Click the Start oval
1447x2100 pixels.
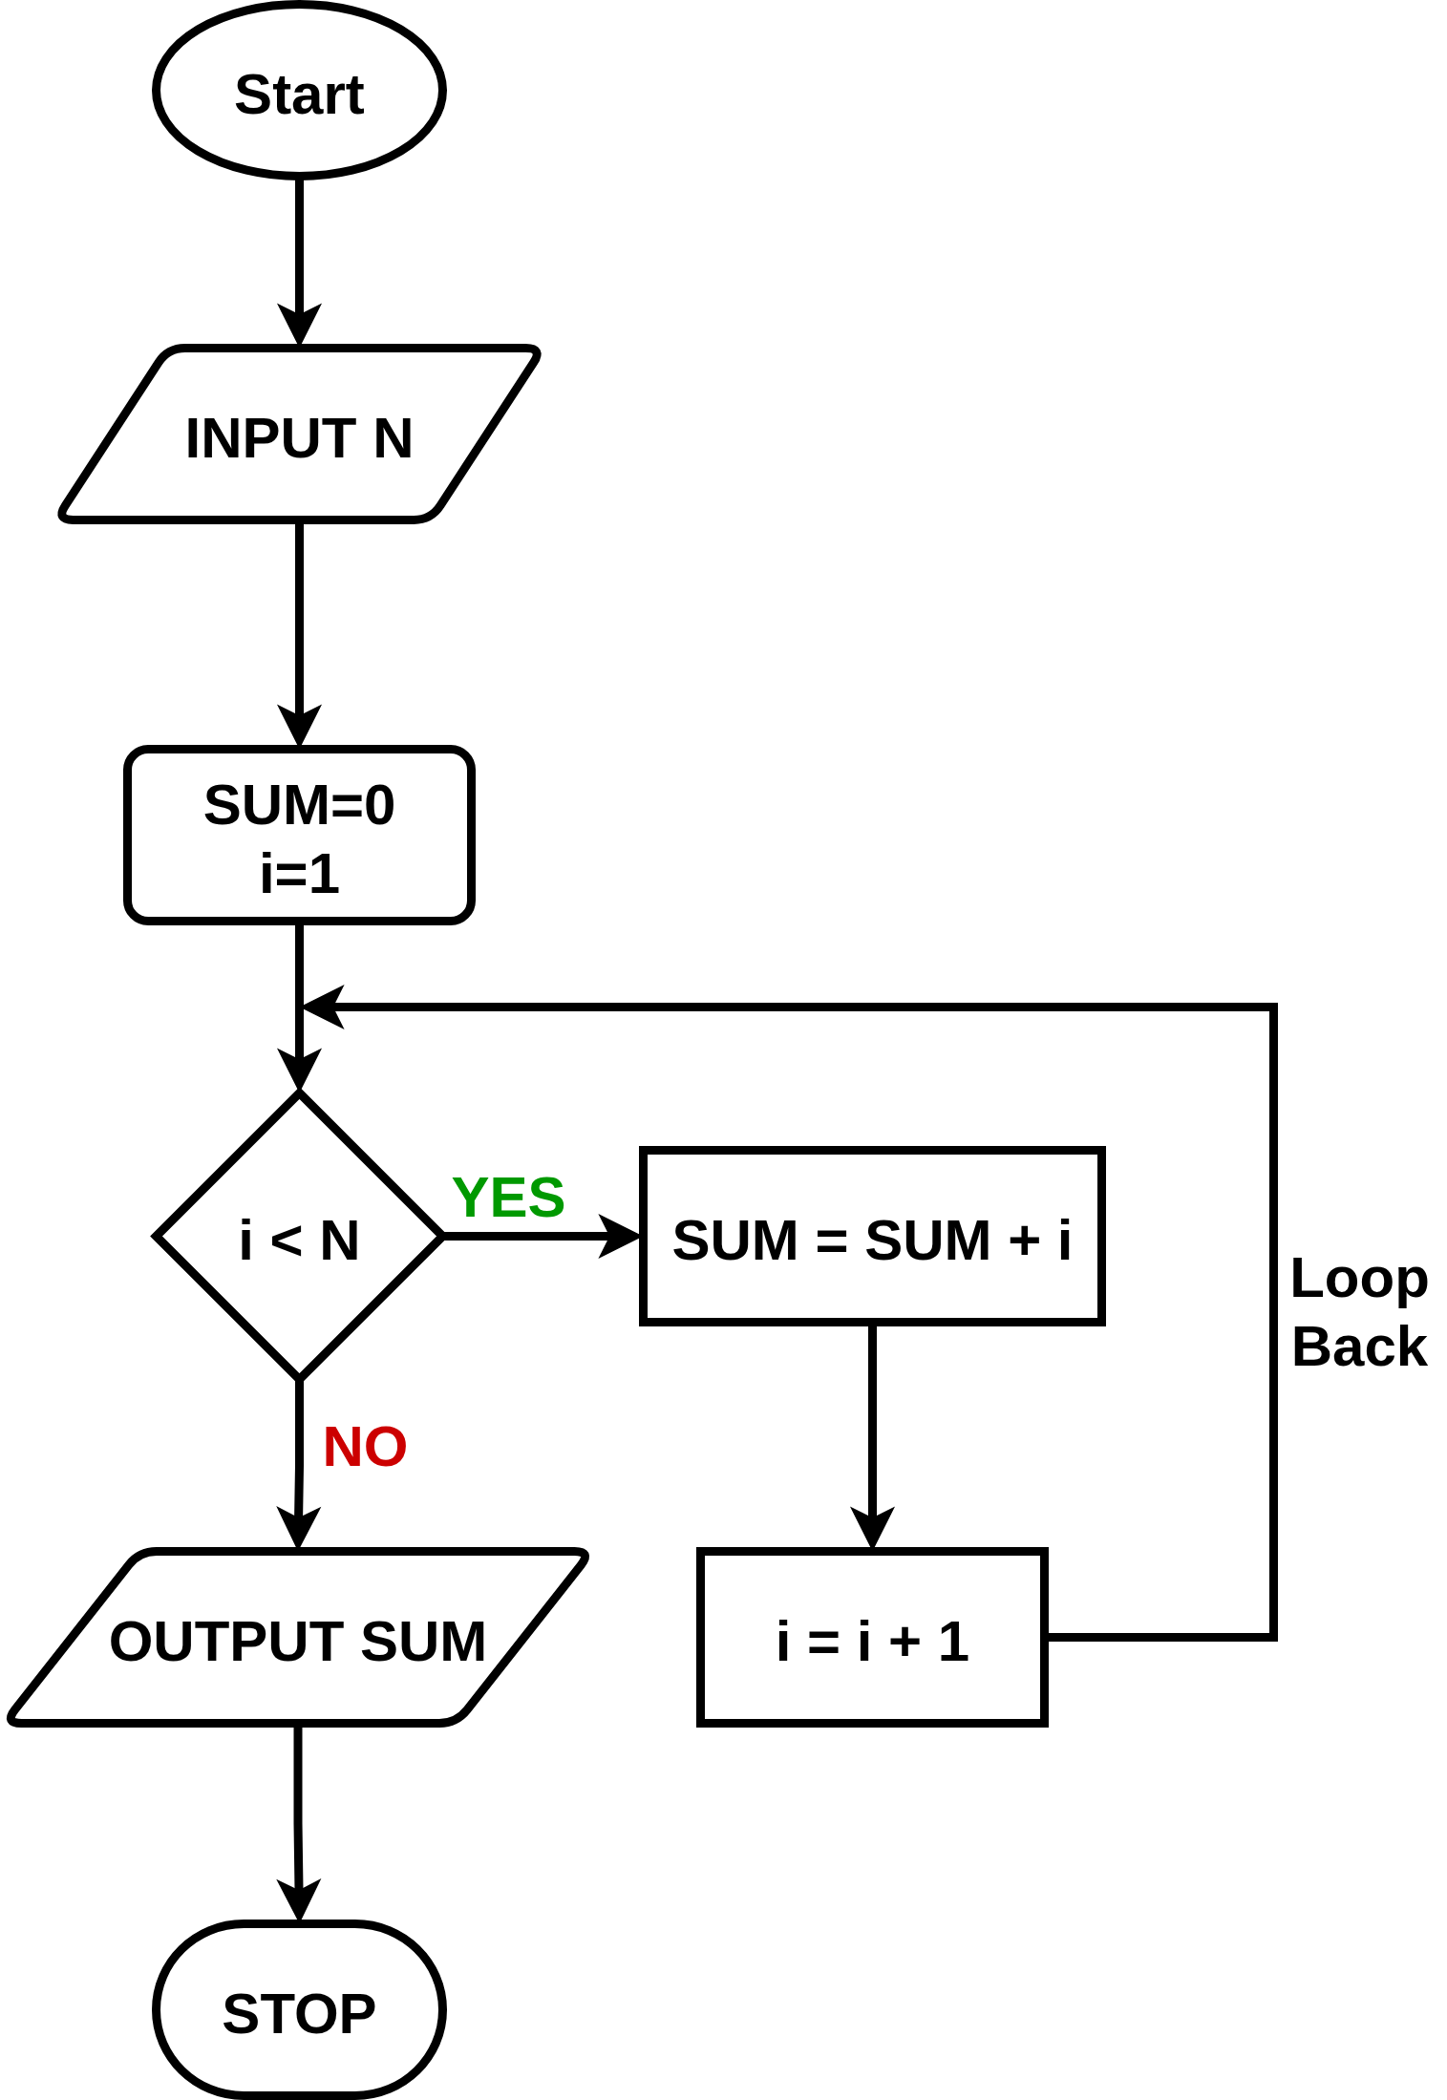(x=299, y=91)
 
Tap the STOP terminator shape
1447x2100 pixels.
(x=299, y=2009)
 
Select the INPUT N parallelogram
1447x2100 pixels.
(x=299, y=435)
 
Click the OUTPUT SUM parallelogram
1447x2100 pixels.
(x=298, y=1638)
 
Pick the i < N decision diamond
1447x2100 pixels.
(x=299, y=1237)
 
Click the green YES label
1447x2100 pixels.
(x=508, y=1197)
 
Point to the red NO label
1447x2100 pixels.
(x=365, y=1446)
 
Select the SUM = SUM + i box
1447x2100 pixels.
(x=871, y=1237)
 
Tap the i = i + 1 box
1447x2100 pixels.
(x=871, y=1638)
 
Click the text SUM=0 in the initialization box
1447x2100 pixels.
(x=299, y=804)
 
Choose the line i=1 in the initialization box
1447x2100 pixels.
(x=299, y=873)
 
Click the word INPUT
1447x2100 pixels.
(x=270, y=438)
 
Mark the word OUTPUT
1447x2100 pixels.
(x=226, y=1642)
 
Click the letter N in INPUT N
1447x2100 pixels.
(x=393, y=438)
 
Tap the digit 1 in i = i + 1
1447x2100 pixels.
(x=953, y=1642)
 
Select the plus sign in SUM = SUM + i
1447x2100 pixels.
(x=1024, y=1241)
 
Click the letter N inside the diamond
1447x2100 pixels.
(x=339, y=1241)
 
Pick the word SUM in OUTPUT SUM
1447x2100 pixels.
(x=423, y=1642)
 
